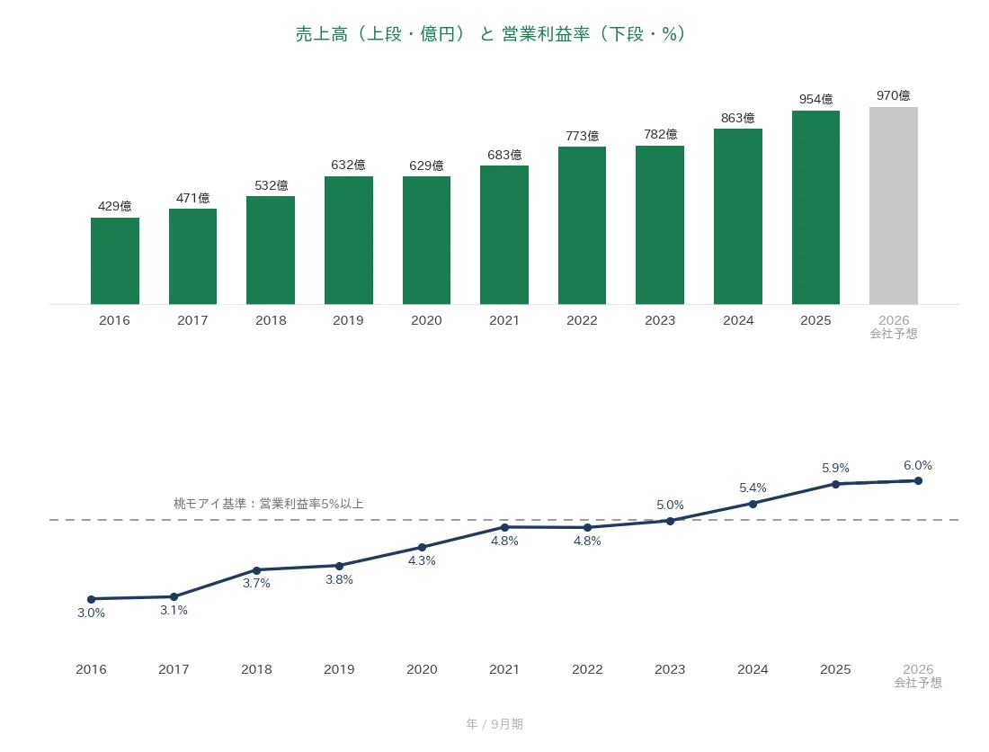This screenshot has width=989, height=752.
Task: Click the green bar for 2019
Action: [349, 240]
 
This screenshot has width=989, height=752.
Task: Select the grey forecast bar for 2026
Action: [894, 206]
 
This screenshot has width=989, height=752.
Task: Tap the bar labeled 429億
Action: [115, 261]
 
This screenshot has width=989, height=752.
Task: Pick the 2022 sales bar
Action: [583, 225]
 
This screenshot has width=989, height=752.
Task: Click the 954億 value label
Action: [816, 99]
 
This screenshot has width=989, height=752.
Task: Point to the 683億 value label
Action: [504, 155]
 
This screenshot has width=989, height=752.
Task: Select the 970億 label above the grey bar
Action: [894, 95]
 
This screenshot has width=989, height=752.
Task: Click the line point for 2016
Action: [92, 599]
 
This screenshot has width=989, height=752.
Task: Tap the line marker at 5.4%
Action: [753, 504]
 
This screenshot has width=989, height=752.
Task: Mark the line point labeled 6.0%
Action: [918, 480]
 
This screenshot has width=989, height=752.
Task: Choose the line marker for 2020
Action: [422, 548]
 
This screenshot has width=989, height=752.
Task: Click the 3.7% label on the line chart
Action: [257, 584]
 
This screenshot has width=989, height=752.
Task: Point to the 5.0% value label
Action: [670, 505]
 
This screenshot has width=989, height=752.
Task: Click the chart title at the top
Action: [490, 34]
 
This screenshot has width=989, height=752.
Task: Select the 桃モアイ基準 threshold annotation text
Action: [269, 504]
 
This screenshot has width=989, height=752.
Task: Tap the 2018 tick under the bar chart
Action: [272, 320]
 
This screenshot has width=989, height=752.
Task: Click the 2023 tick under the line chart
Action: [670, 669]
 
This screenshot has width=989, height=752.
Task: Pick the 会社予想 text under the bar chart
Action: [894, 334]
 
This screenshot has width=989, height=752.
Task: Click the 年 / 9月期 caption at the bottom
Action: [494, 724]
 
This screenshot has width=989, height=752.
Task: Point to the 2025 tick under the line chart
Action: [835, 669]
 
